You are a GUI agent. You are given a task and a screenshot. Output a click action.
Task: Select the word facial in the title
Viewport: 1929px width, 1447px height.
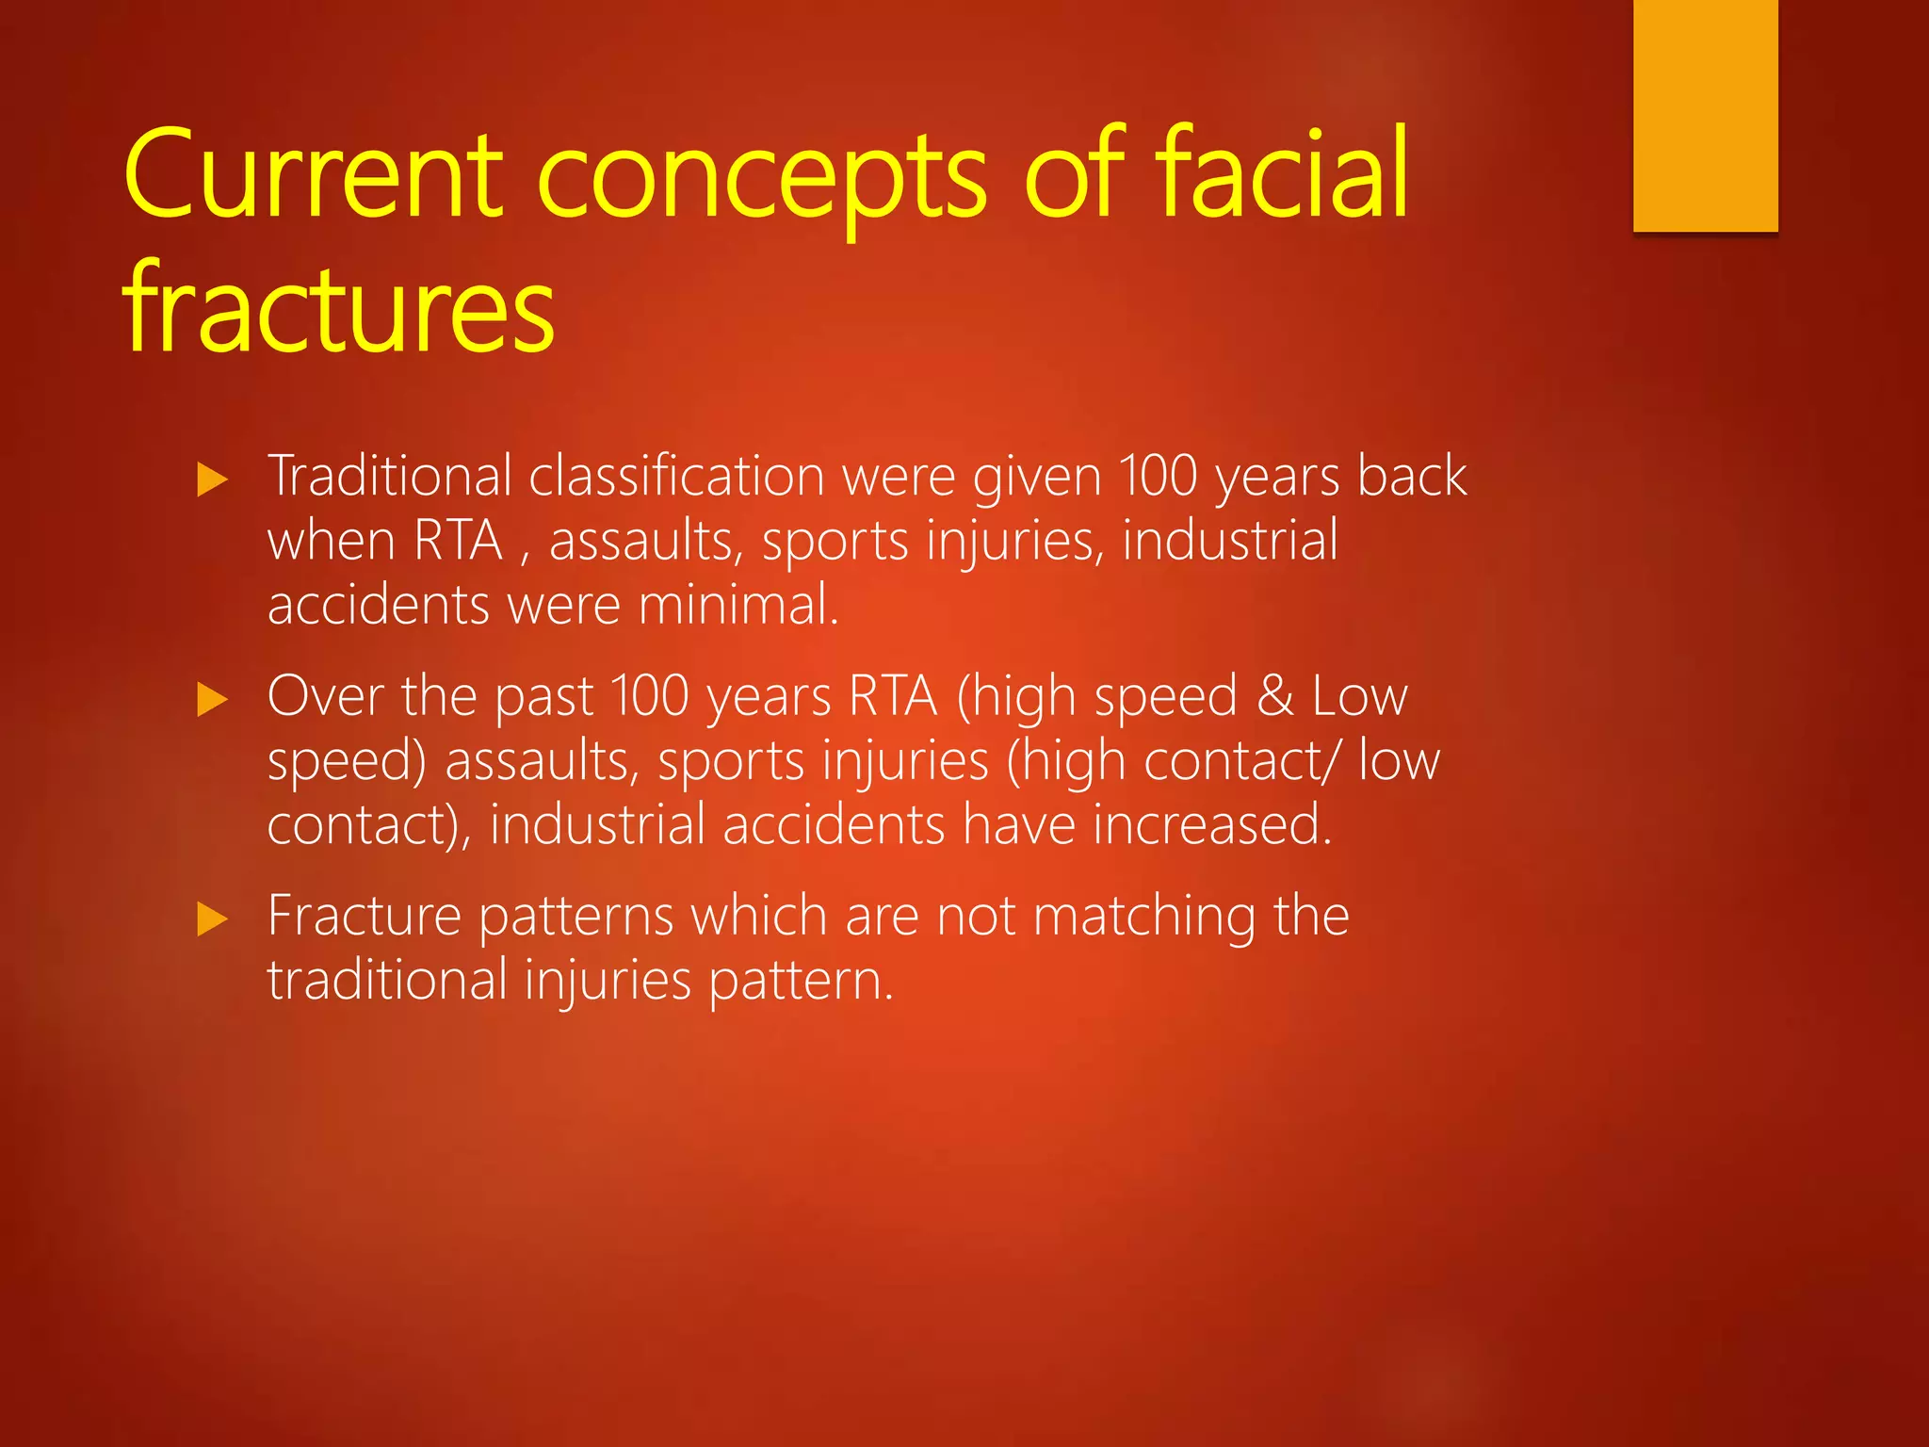point(1281,174)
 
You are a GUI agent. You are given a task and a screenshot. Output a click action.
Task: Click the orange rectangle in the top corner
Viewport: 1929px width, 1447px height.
point(1705,115)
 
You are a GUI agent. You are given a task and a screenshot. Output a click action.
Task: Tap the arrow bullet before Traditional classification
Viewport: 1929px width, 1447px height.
point(213,480)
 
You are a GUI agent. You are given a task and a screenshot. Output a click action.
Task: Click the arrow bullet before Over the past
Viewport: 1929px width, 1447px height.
point(213,701)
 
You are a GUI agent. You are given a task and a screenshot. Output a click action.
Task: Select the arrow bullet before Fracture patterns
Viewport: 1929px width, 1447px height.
point(213,919)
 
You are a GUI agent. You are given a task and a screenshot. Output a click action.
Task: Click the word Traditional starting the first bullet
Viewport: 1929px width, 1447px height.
point(390,476)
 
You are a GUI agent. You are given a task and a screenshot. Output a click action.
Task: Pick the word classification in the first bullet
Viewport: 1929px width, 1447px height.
point(676,476)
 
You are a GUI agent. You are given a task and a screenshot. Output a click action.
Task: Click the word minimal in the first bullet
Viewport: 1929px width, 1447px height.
point(735,605)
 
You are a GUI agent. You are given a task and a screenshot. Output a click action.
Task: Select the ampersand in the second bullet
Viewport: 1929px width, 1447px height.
point(1275,696)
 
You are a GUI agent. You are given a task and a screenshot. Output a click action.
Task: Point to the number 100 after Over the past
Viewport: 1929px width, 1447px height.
point(650,696)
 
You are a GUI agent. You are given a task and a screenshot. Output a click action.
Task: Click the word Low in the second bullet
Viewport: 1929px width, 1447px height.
point(1360,696)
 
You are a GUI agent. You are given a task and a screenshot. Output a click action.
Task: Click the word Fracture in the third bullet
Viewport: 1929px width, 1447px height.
point(364,916)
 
